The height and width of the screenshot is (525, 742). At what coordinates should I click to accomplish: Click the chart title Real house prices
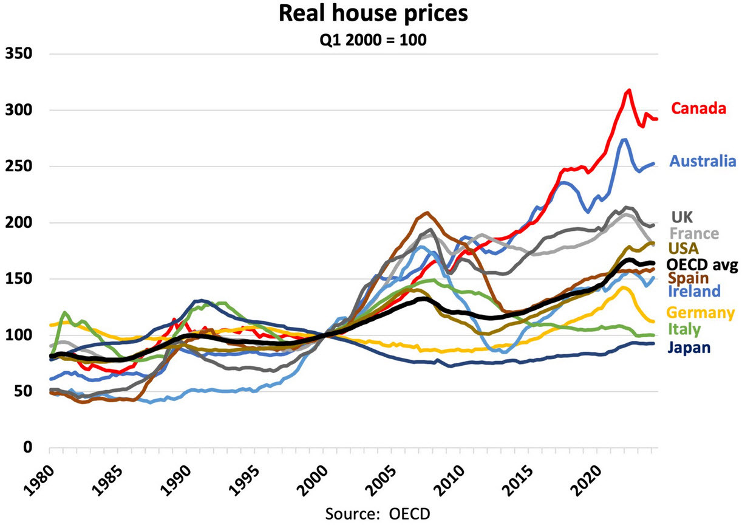373,13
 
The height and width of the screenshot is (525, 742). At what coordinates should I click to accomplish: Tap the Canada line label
698,109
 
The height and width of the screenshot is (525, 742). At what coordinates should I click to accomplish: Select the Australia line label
703,161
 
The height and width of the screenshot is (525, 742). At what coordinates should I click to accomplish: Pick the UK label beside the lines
682,217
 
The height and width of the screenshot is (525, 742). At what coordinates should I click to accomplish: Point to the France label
693,233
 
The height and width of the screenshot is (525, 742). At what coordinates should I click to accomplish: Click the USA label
684,248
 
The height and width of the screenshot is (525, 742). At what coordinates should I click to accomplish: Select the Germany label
700,313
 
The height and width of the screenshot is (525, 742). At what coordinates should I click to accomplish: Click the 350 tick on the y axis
19,54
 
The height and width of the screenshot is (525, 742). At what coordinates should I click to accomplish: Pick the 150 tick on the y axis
19,279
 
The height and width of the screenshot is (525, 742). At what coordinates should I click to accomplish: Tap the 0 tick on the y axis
27,448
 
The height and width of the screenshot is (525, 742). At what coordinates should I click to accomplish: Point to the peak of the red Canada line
628,90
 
